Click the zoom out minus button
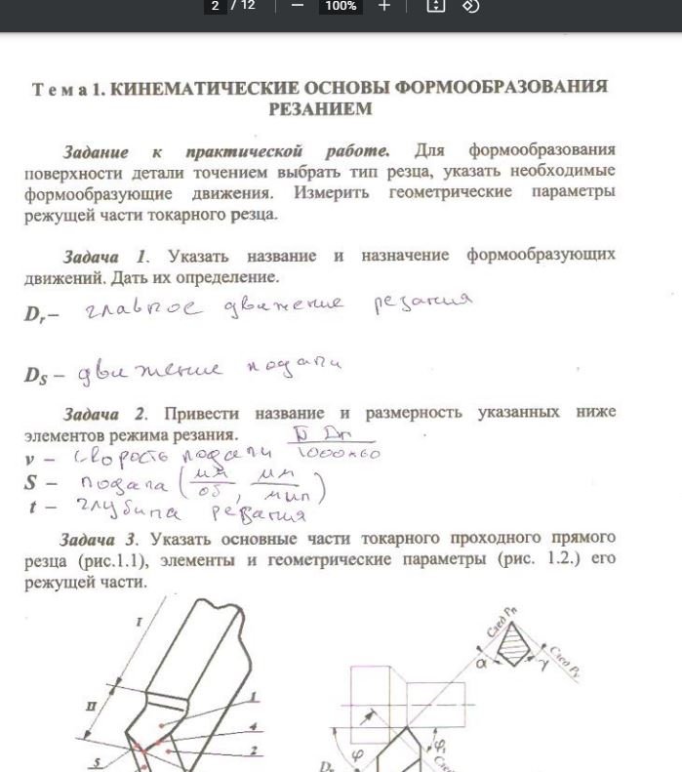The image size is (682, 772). [298, 6]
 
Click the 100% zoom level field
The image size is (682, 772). [341, 6]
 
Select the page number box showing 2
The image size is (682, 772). [215, 6]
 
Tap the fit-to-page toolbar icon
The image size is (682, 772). [435, 6]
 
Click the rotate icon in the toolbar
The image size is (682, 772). [470, 6]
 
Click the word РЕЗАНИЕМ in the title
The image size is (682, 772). [320, 109]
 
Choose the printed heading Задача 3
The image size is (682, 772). [100, 539]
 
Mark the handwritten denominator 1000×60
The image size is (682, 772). [338, 454]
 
